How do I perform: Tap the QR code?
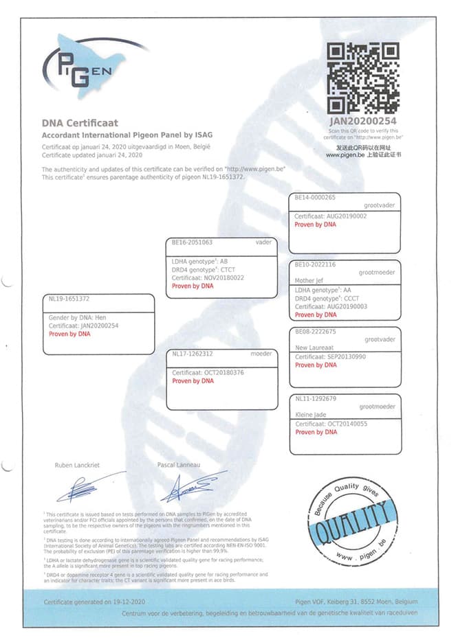pos(362,78)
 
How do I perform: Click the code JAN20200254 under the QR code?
pos(362,122)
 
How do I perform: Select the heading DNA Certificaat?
pos(80,123)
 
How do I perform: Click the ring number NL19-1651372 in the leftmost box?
pos(69,299)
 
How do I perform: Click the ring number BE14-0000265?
pos(315,198)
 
